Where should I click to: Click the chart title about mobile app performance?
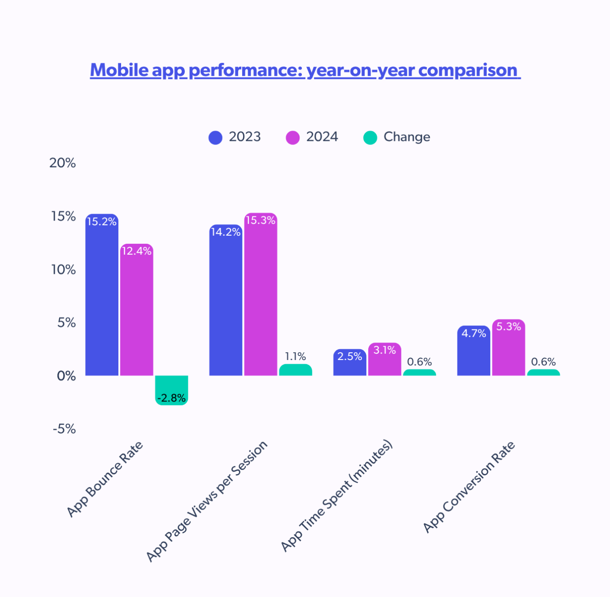[305, 70]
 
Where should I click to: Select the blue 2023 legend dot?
[215, 137]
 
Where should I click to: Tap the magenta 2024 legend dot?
[293, 137]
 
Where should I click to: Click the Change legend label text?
[407, 137]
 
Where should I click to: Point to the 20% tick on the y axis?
[62, 163]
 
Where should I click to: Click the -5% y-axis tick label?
[64, 429]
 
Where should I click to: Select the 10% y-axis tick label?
[63, 270]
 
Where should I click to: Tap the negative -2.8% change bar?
[171, 390]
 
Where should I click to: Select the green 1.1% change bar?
[295, 370]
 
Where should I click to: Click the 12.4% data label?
[137, 251]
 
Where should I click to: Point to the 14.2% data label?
[225, 232]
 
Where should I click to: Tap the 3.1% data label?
[385, 350]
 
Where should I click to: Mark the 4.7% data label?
[474, 333]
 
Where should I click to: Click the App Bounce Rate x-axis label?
[105, 479]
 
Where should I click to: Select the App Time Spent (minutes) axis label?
[336, 496]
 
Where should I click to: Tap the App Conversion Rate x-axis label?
[469, 487]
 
